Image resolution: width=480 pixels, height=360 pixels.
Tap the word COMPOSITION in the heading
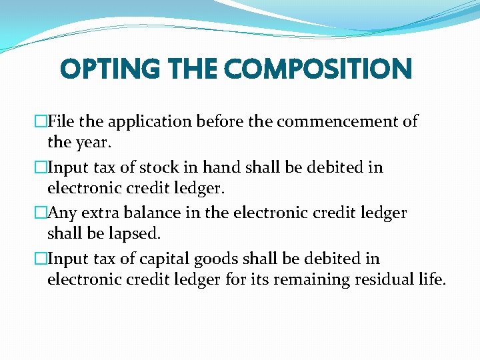tap(318, 69)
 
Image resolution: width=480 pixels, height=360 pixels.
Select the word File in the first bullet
tap(61, 121)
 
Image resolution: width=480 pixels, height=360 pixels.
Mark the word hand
tap(243, 167)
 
